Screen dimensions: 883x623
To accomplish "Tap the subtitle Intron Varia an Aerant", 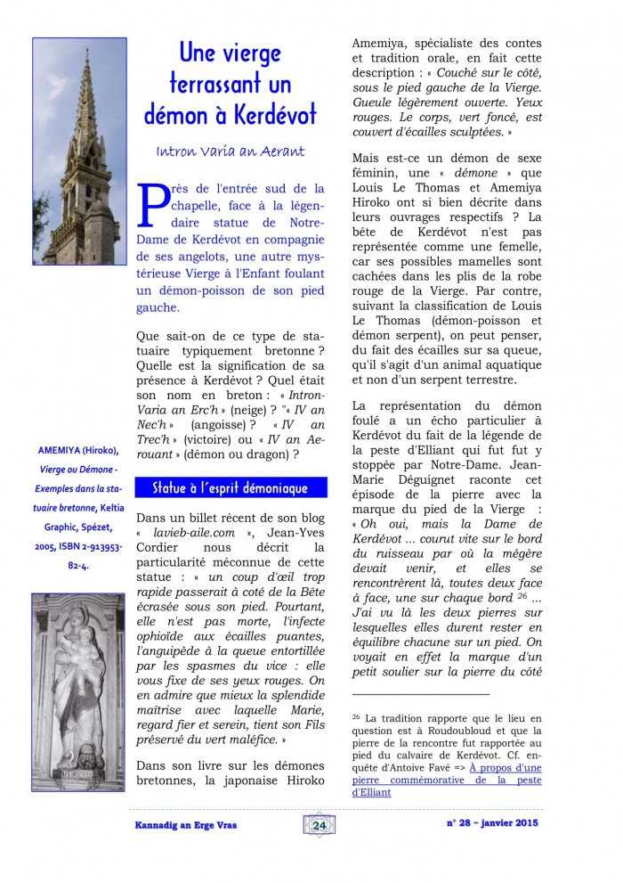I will pos(230,151).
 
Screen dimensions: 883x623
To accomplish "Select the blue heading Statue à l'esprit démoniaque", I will pos(230,488).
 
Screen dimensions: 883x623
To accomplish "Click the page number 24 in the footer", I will pos(320,825).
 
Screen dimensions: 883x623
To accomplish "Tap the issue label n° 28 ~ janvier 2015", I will pos(491,823).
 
